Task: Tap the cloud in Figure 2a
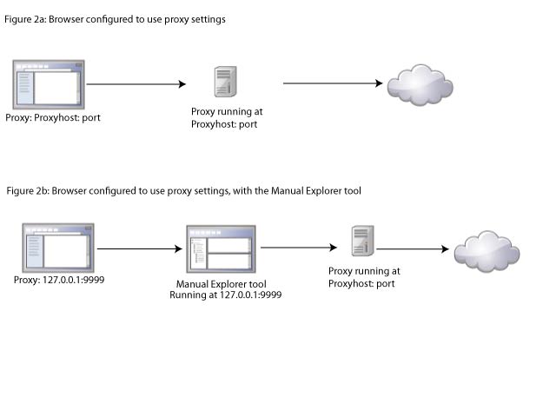(420, 84)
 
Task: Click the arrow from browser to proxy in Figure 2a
(136, 84)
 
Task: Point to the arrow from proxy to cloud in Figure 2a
(333, 84)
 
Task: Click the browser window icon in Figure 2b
(58, 248)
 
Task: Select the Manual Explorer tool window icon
(219, 250)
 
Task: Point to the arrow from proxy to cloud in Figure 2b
(413, 249)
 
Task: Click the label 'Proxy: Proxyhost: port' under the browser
(53, 117)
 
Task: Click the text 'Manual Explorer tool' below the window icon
(221, 284)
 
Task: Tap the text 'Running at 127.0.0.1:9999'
(225, 295)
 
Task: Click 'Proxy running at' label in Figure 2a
(227, 112)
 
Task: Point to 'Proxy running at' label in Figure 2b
(364, 271)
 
